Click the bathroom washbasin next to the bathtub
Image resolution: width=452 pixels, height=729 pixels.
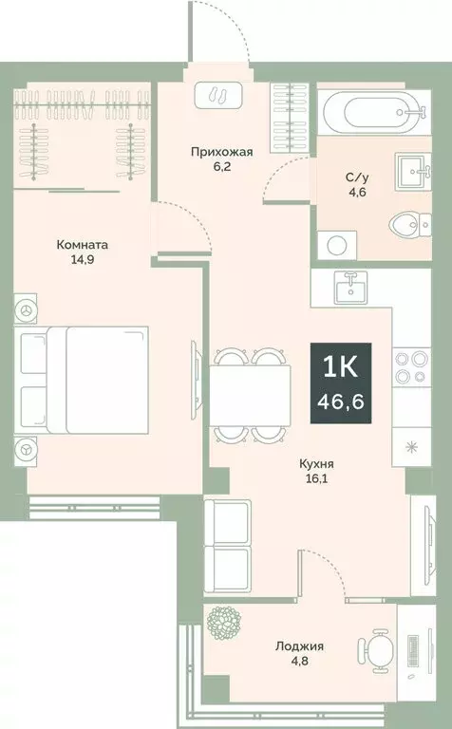(413, 168)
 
